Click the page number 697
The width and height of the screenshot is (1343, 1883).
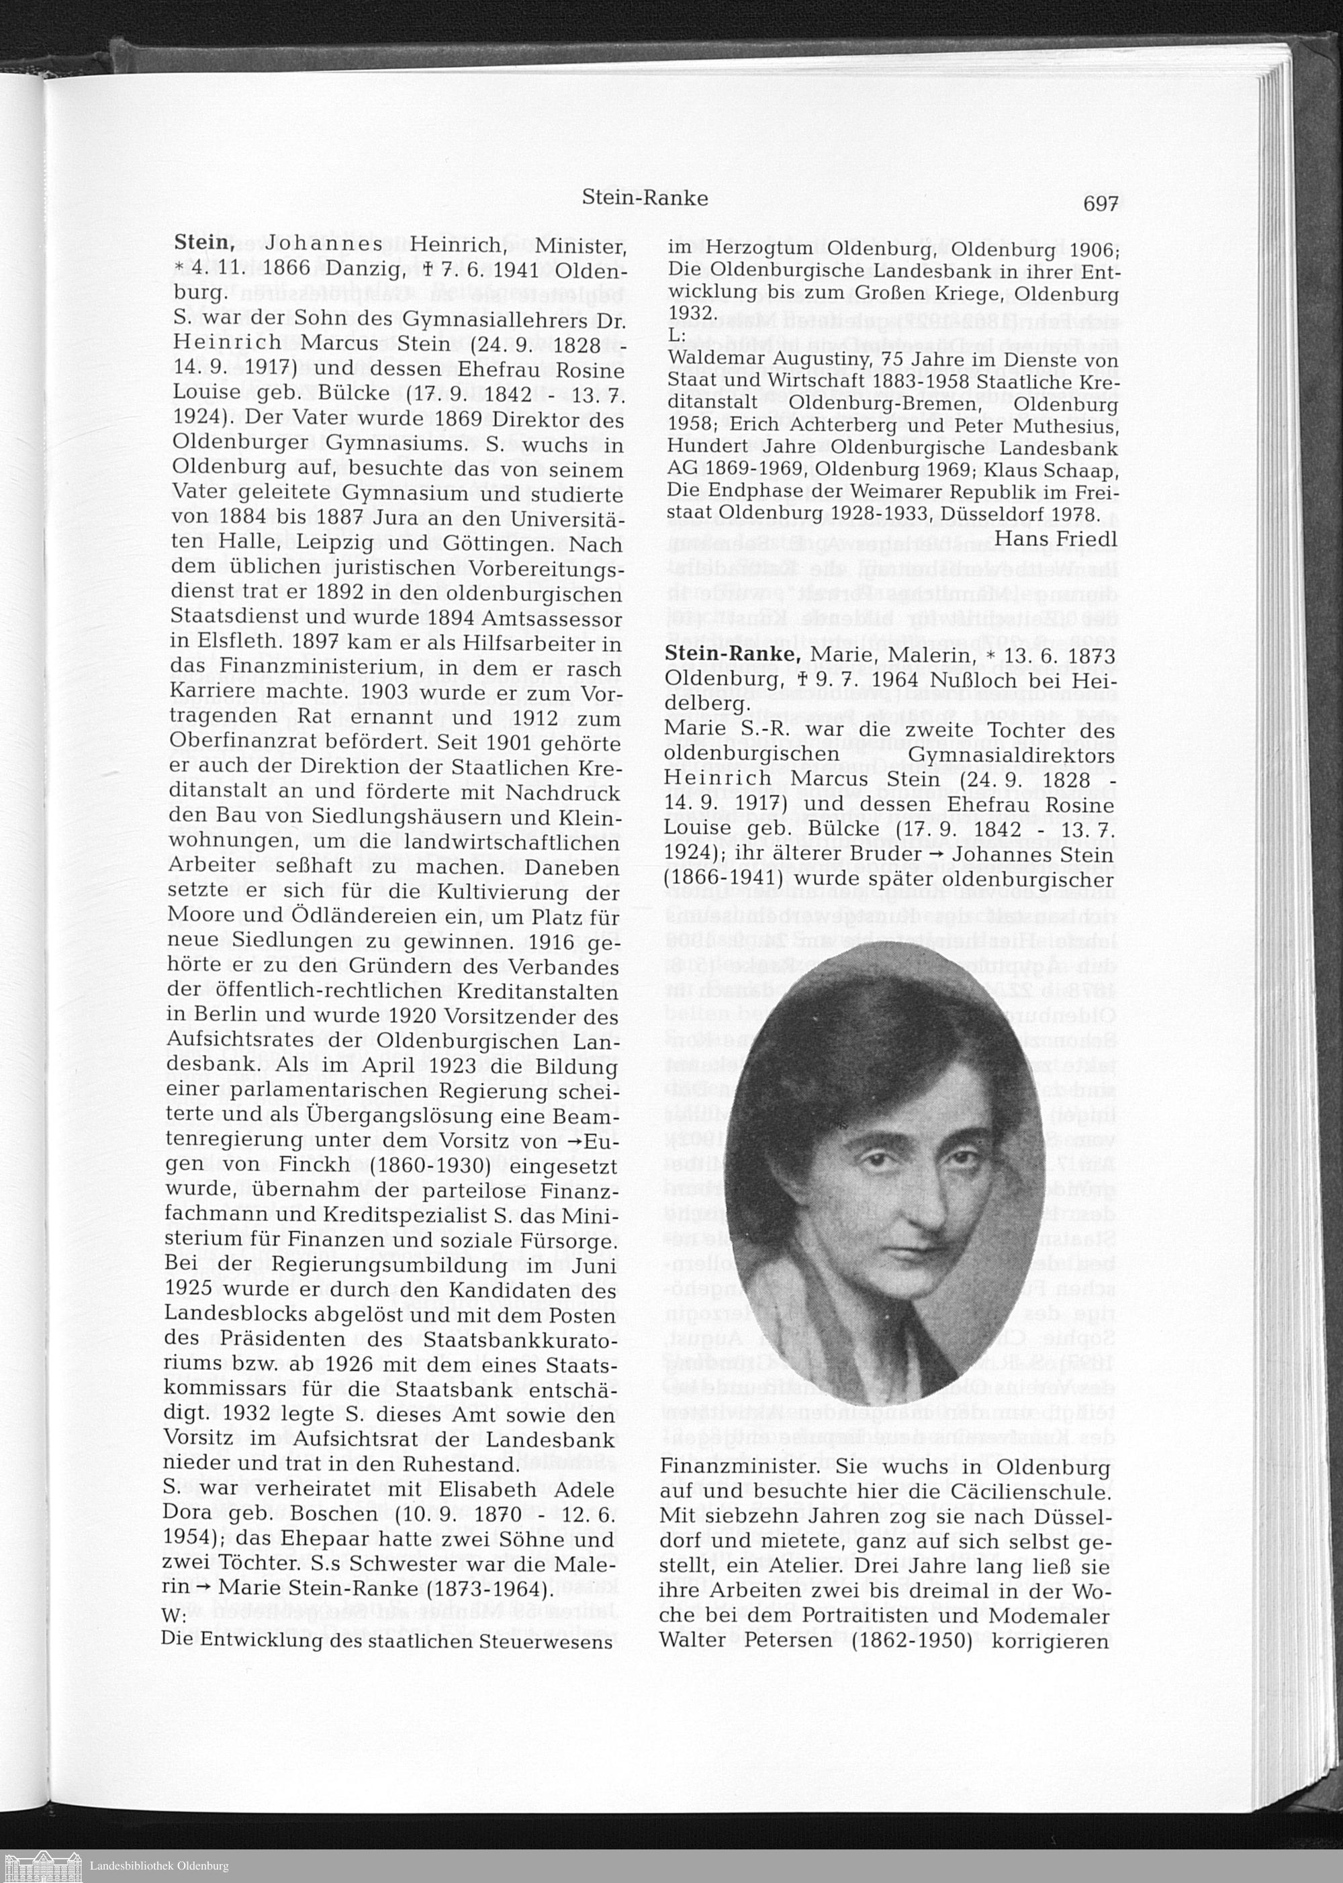pyautogui.click(x=1100, y=203)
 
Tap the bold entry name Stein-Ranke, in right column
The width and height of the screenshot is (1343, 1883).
pyautogui.click(x=732, y=655)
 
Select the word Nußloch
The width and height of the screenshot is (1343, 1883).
pyautogui.click(x=972, y=680)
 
